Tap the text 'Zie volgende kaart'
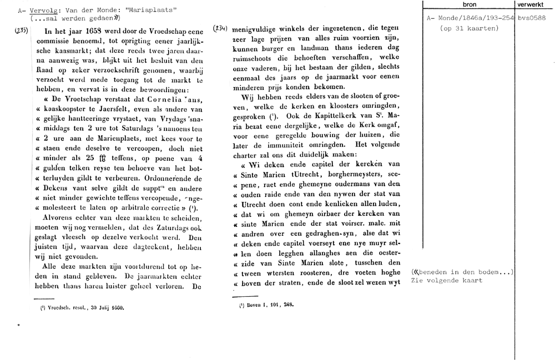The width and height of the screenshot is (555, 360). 447,280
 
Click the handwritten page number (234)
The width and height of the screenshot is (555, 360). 220,28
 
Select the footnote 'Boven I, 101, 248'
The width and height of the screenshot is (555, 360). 266,305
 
